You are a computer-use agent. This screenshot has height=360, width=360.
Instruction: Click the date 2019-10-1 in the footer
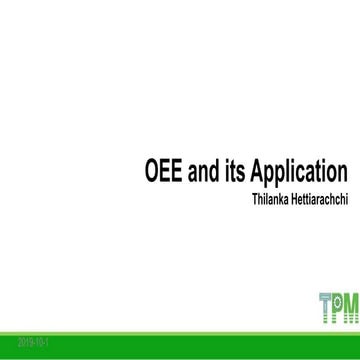click(x=21, y=341)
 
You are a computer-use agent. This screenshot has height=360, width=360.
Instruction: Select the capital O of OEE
click(x=143, y=166)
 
